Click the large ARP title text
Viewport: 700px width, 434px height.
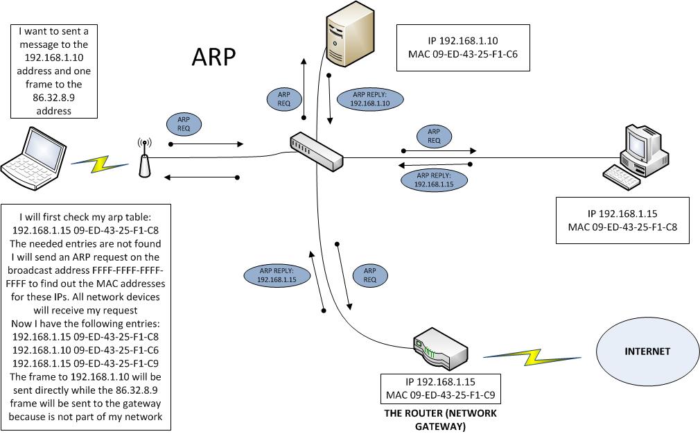213,58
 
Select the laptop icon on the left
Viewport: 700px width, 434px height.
33,160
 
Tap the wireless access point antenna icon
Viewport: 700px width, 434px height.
144,159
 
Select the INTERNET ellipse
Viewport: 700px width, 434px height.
647,351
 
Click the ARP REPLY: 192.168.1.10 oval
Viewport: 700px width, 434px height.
371,99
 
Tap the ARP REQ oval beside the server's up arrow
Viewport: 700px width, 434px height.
284,99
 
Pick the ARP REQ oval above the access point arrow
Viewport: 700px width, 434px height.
184,124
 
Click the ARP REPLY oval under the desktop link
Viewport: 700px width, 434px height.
434,180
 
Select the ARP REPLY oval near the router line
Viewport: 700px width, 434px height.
277,275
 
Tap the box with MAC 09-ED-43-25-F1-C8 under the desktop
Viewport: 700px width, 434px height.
622,220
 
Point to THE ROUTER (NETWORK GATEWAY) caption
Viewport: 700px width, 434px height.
441,420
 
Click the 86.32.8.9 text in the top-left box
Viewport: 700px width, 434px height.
53,98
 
